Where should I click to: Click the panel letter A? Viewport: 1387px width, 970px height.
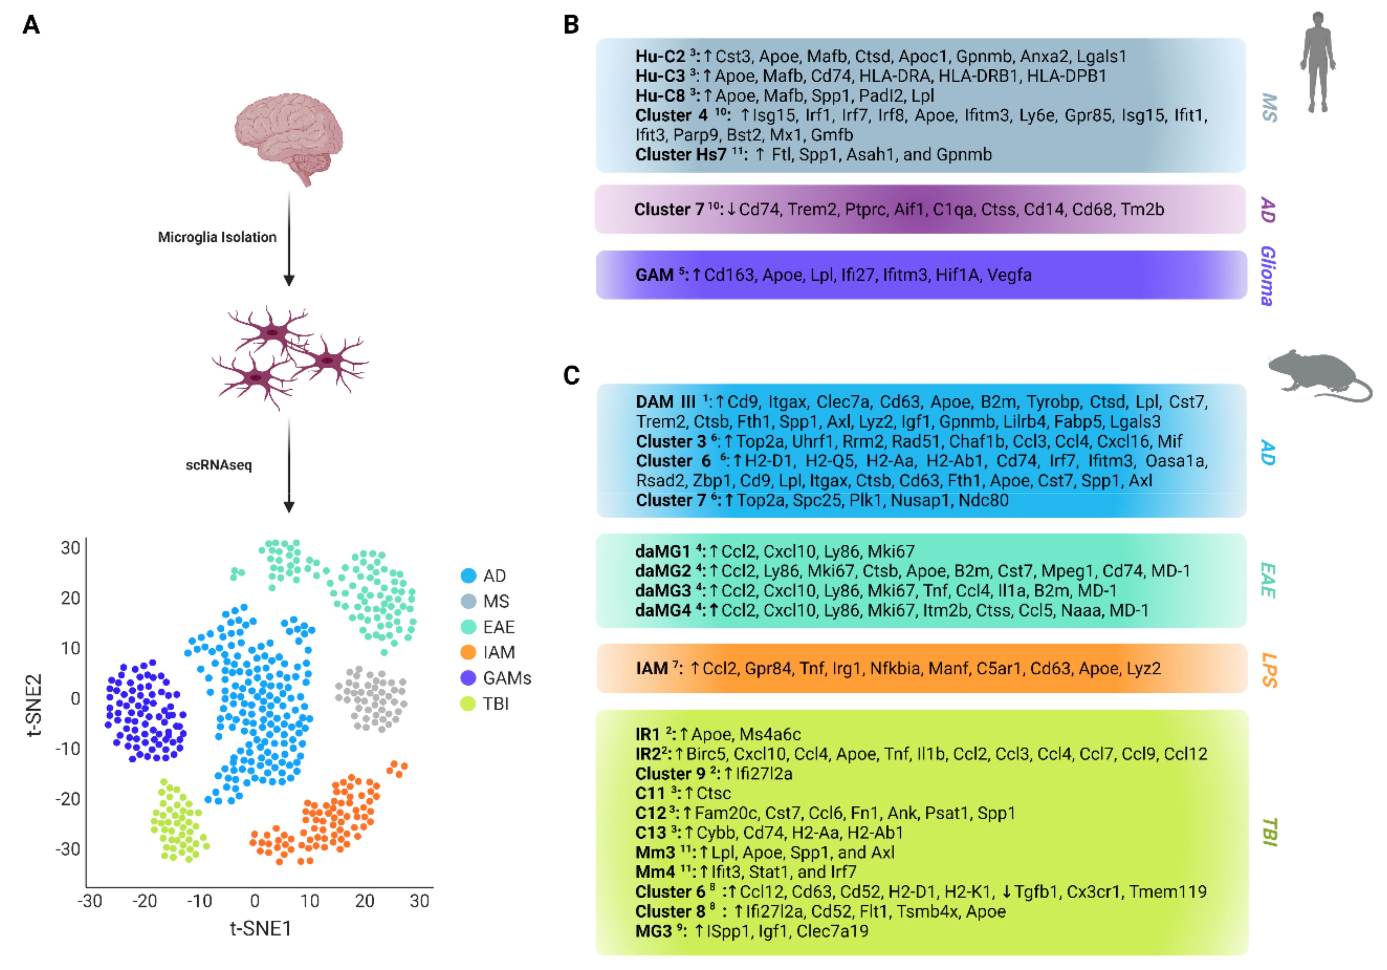coord(31,25)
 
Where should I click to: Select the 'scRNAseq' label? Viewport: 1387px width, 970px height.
coord(219,465)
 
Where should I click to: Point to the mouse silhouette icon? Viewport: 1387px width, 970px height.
coord(1320,375)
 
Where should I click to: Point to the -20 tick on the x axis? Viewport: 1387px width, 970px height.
coord(145,901)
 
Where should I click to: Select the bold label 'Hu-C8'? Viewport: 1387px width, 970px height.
coord(660,96)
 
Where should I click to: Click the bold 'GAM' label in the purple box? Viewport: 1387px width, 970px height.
coord(654,275)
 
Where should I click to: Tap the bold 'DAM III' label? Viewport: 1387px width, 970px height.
coord(666,402)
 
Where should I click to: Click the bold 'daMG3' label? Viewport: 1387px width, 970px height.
coord(663,591)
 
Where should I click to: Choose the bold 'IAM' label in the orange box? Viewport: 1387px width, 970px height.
coord(652,669)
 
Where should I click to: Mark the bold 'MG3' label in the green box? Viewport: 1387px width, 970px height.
coord(654,931)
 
